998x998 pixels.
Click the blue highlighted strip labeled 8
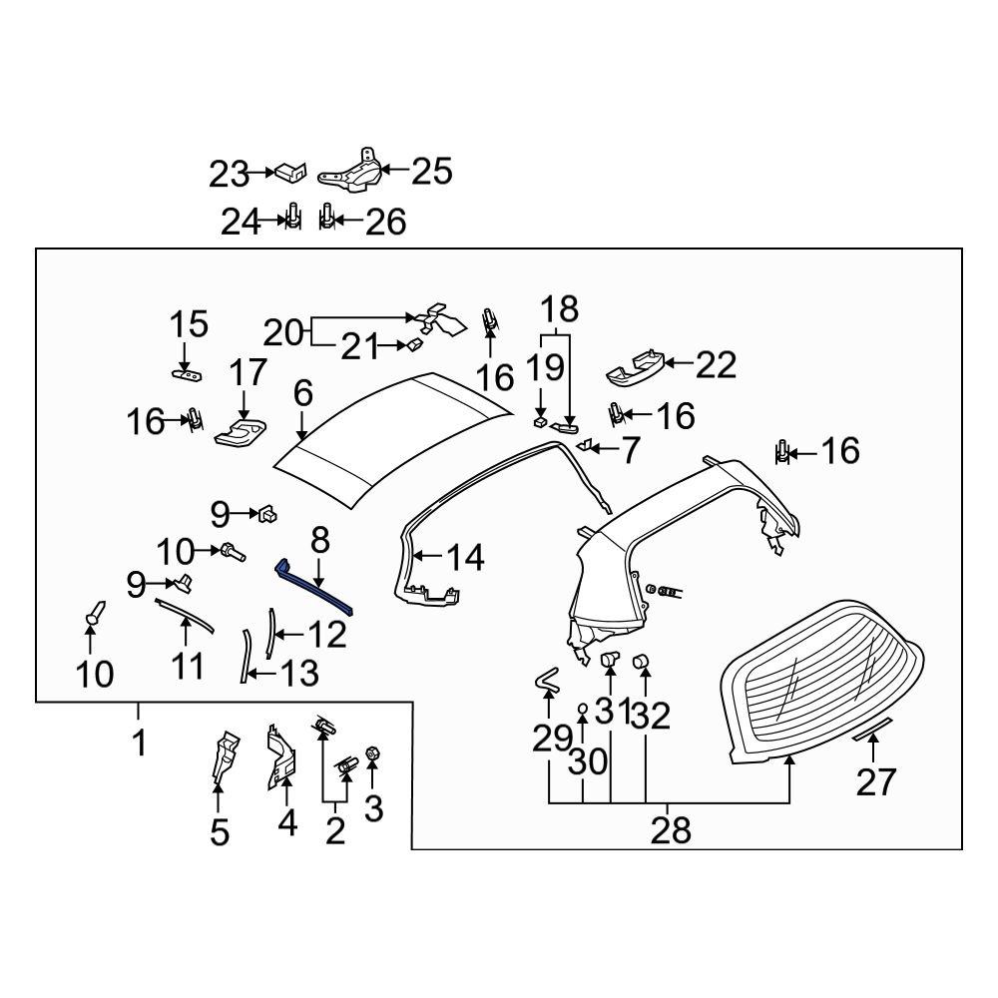(315, 588)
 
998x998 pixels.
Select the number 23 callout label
(228, 174)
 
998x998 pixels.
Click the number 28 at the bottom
(670, 828)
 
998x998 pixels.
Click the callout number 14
(465, 557)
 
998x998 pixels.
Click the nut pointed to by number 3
(372, 754)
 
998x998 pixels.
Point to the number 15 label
(189, 324)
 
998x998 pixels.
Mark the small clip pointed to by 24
(293, 219)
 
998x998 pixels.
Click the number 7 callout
(629, 450)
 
